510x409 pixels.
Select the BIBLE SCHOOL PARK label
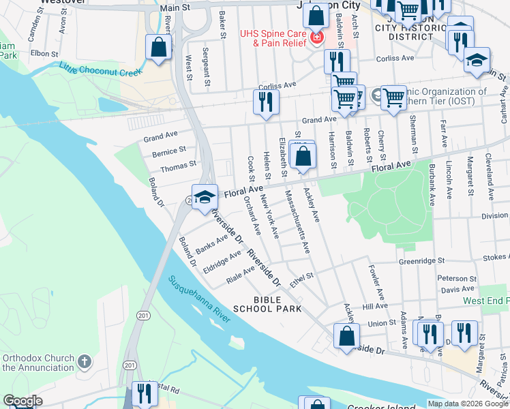coord(267,304)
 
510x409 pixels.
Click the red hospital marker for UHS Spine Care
coord(316,36)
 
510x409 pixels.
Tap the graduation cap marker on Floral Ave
coord(205,196)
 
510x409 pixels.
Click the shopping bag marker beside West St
coord(158,48)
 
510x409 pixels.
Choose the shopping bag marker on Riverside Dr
coord(346,335)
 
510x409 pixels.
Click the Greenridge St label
coord(421,260)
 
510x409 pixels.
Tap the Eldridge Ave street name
coord(222,262)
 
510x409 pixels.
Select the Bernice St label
coord(169,151)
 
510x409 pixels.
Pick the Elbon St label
coord(42,52)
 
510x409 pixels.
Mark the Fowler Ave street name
coord(375,282)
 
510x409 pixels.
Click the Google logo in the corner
coord(22,401)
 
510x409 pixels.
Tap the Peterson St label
coord(457,279)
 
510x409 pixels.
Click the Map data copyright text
coord(468,404)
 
